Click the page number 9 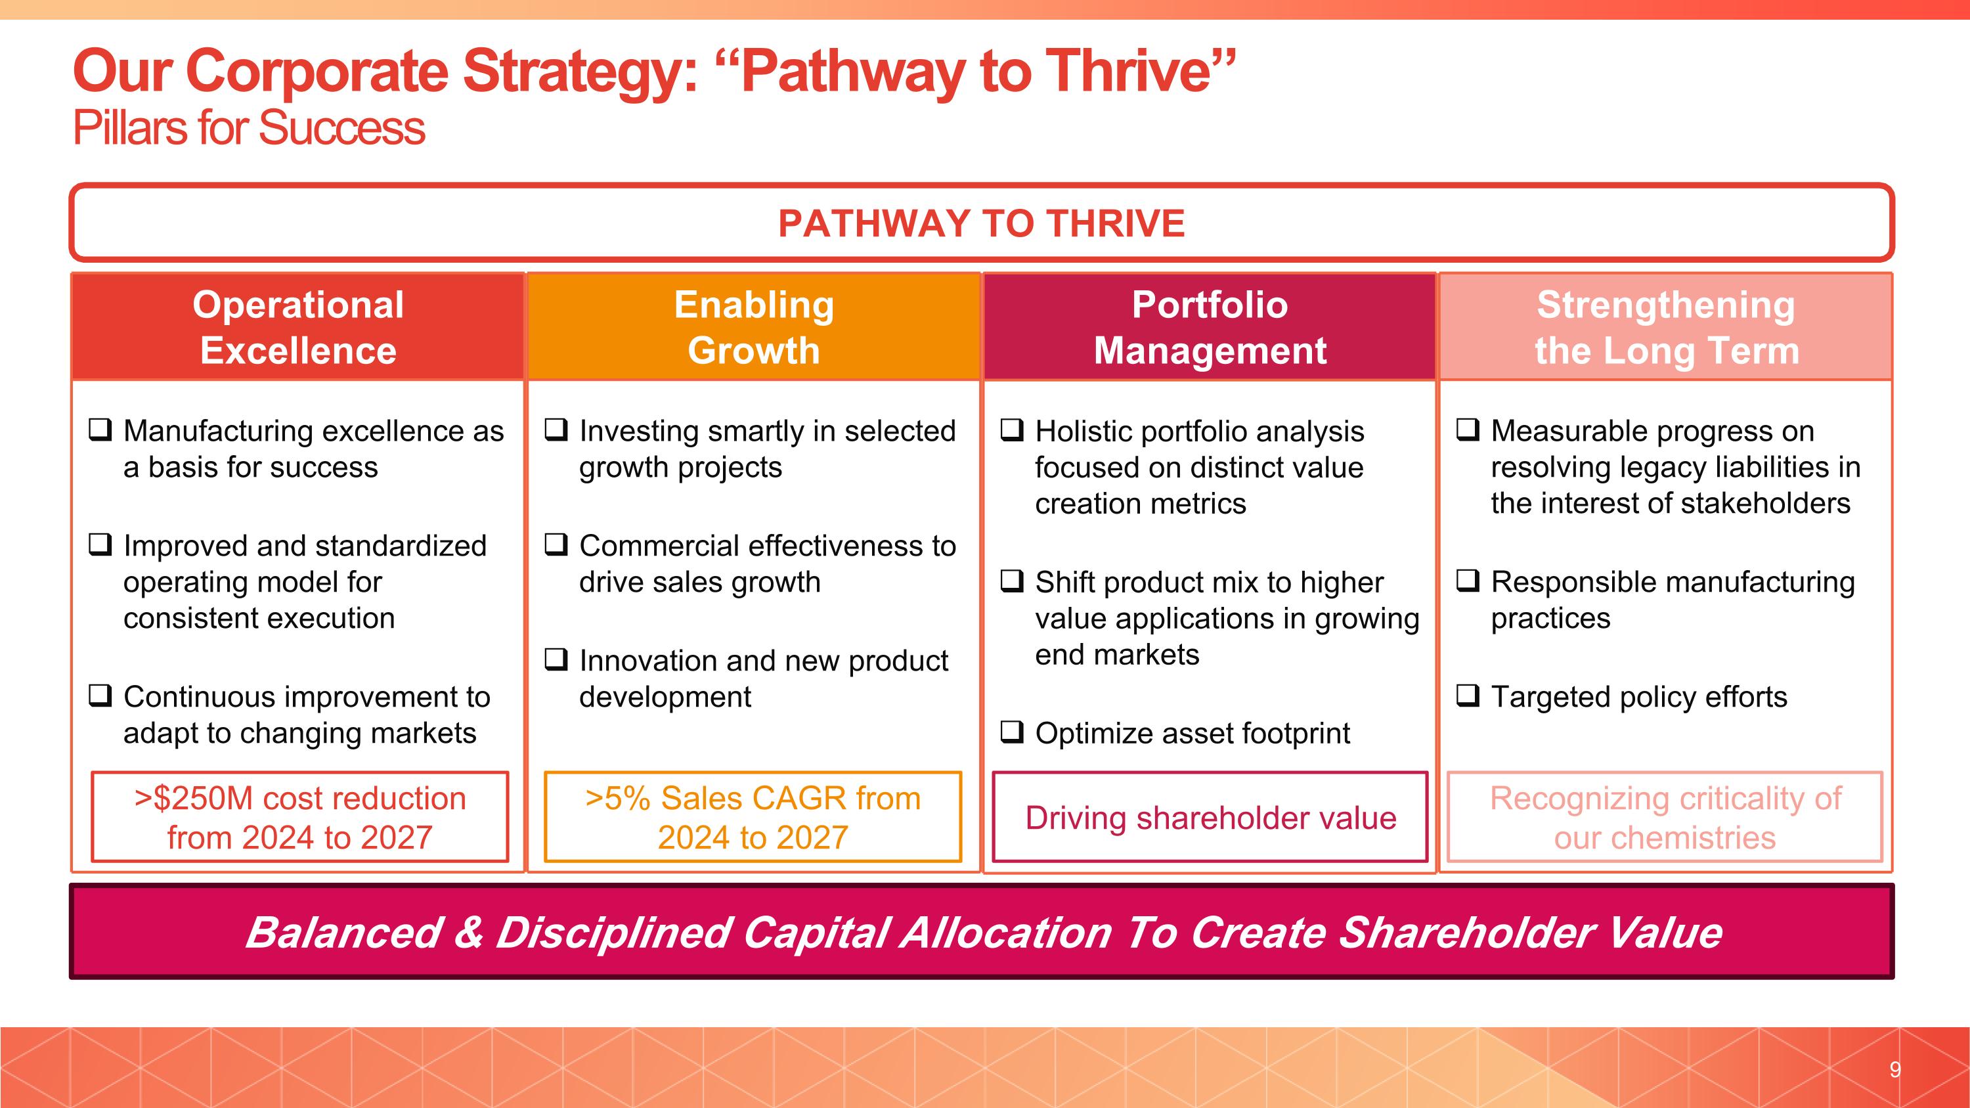[1894, 1069]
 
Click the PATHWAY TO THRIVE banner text [981, 223]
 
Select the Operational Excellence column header [297, 327]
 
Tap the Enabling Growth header [753, 327]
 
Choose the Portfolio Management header [1209, 327]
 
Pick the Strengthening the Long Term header [1665, 327]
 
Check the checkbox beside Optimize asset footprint [1012, 732]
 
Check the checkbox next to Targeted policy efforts [1468, 696]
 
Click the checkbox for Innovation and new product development [556, 659]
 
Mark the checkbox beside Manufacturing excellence [100, 430]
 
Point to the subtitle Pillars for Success [248, 127]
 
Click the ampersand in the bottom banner [468, 932]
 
